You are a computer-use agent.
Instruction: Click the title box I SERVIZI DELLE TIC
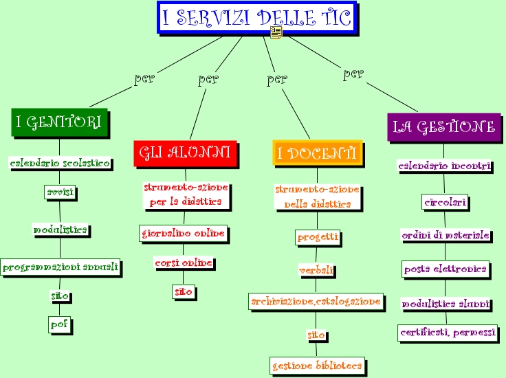click(257, 18)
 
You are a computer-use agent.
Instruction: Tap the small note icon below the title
click(276, 33)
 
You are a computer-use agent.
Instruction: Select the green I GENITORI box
click(59, 122)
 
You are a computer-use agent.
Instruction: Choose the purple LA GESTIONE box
click(443, 127)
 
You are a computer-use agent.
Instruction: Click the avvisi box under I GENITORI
click(60, 192)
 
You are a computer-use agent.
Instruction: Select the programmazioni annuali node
click(60, 266)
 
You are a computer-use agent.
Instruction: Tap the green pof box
click(60, 324)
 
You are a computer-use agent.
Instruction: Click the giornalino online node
click(184, 234)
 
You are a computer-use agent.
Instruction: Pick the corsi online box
click(184, 263)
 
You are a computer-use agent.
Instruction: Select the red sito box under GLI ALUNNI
click(184, 292)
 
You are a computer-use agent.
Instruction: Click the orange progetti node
click(318, 237)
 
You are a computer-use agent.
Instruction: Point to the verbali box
click(316, 270)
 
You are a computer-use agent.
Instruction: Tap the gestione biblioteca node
click(317, 366)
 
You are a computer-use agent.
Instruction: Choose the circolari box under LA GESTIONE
click(445, 202)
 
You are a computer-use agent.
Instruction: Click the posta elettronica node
click(445, 269)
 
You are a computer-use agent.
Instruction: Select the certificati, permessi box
click(448, 333)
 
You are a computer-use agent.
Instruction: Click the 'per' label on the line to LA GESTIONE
click(353, 74)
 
